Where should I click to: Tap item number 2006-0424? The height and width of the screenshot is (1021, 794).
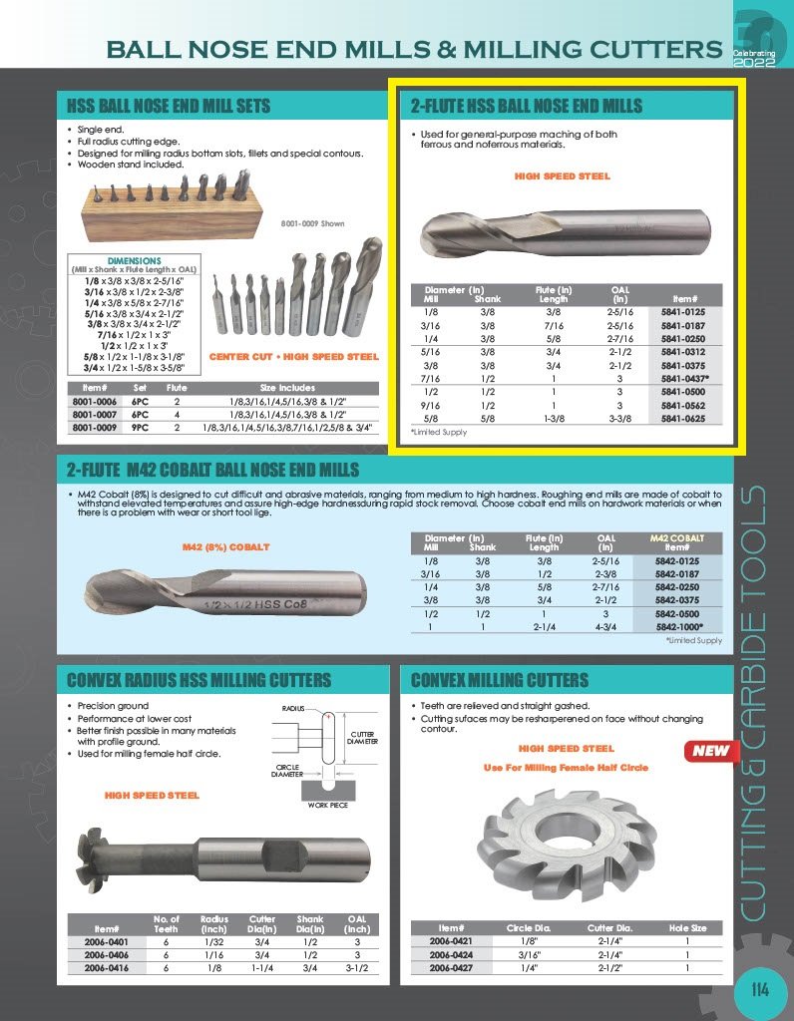450,953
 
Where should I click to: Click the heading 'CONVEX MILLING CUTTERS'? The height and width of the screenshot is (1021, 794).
500,681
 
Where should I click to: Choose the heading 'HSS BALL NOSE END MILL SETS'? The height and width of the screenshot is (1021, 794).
169,106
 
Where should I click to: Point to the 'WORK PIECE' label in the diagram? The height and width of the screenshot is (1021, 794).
326,805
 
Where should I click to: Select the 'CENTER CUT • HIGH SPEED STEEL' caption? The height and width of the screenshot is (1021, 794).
293,356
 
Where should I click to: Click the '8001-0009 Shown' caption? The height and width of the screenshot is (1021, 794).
312,223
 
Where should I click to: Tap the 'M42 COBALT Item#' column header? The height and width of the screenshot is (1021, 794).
677,542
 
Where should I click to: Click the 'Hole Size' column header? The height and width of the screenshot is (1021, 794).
687,927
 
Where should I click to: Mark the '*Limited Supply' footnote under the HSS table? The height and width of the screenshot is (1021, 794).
440,433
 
